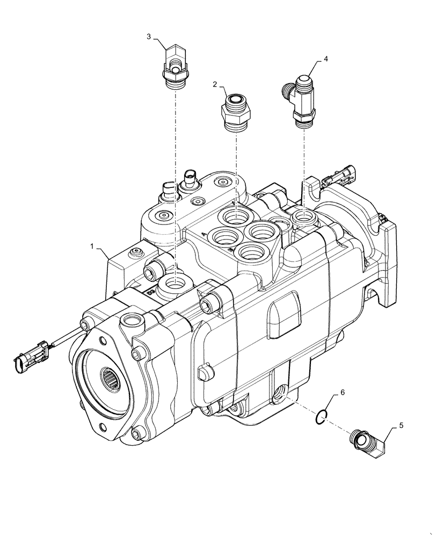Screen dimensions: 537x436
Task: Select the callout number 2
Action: [x=215, y=84]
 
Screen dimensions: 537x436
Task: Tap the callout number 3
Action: [x=149, y=36]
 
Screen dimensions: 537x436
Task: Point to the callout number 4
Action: [x=325, y=57]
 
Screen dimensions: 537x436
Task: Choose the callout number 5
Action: [x=400, y=426]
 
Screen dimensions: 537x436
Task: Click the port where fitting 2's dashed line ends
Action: [x=235, y=217]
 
